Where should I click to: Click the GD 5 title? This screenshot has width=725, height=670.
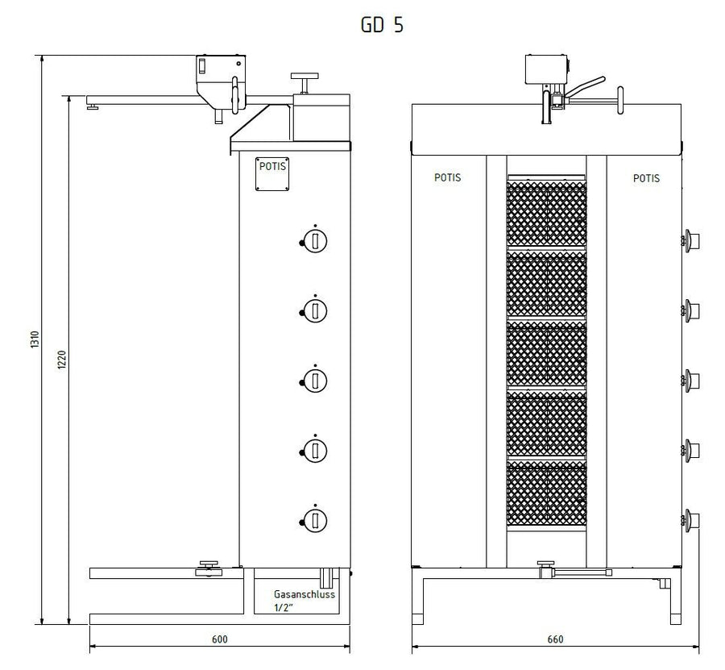point(382,24)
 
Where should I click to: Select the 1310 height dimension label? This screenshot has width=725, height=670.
point(35,339)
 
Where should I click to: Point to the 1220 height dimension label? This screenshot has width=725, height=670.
point(62,360)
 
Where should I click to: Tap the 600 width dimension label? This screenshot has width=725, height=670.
point(220,639)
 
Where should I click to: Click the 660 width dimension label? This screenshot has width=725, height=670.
point(555,639)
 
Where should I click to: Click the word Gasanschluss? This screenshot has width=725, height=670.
point(304,594)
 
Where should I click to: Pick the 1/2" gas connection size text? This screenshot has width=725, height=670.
point(284,608)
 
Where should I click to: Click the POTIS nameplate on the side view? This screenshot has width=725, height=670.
point(272,173)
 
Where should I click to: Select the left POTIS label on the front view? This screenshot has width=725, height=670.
point(448,177)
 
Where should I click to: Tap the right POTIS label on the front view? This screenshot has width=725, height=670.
point(646,178)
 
